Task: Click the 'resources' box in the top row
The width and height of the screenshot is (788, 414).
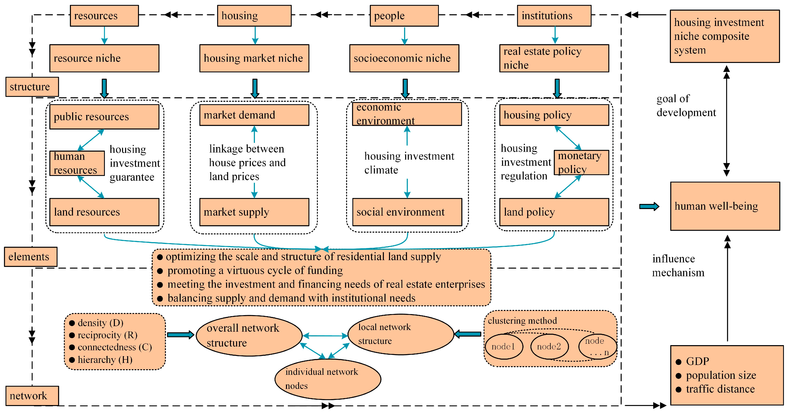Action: pos(104,16)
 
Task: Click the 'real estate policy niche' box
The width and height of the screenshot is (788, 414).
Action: pos(554,58)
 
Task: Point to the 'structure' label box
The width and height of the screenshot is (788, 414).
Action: pos(32,87)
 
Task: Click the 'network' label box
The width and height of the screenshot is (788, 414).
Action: pos(32,396)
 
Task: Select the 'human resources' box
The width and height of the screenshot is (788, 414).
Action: pos(77,163)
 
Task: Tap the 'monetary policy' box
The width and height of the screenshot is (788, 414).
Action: pos(581,162)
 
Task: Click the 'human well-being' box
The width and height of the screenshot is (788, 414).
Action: pos(725,206)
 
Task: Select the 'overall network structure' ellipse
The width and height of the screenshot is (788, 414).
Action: pos(249,335)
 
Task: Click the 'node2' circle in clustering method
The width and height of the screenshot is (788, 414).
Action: pos(549,346)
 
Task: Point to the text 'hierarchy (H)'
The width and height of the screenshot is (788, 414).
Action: pos(105,360)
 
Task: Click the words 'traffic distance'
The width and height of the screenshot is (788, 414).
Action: pos(720,389)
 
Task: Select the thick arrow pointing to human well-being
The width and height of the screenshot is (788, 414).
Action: pos(649,207)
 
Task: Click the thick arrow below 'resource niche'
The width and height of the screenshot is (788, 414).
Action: pos(104,88)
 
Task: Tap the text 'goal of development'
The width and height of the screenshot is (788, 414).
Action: pos(686,105)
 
